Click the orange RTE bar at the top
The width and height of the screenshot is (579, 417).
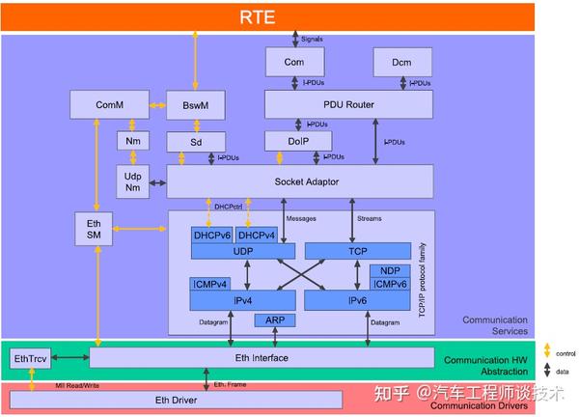pos(289,16)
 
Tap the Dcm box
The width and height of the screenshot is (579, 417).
pos(400,63)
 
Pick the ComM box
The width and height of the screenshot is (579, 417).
pos(109,104)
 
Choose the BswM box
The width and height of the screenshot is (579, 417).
pos(196,104)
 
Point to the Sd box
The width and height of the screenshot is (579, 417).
pos(196,143)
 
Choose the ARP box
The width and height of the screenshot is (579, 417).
pos(274,320)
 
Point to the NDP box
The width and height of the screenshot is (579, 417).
pos(390,271)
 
